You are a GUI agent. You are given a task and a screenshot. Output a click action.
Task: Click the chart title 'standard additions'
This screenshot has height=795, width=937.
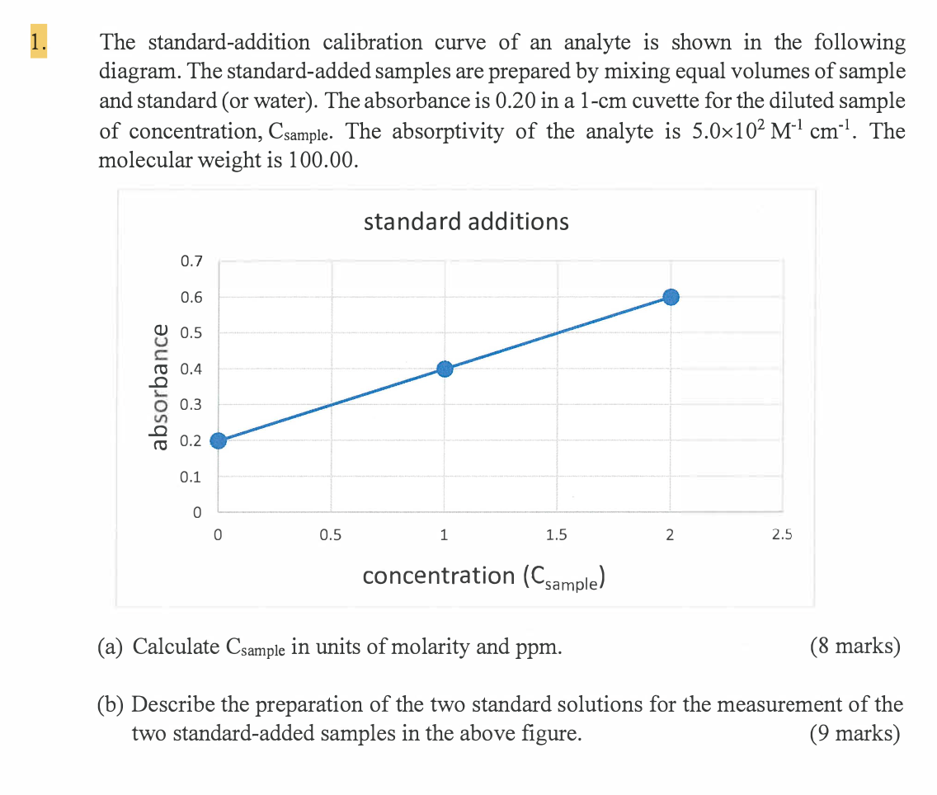465,222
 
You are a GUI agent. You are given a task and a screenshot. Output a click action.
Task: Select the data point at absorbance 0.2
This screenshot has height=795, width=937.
218,440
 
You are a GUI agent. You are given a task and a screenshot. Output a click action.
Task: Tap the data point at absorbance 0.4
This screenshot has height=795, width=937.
445,369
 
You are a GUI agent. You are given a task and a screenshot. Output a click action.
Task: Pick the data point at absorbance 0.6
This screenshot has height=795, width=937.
671,297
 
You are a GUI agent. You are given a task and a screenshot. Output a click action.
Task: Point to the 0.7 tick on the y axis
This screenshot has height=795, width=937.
191,262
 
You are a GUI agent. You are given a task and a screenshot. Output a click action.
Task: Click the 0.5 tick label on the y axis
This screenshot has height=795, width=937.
191,333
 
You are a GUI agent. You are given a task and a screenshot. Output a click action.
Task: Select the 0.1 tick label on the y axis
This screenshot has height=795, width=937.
191,477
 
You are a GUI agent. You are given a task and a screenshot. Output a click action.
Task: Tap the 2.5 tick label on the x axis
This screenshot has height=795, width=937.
782,535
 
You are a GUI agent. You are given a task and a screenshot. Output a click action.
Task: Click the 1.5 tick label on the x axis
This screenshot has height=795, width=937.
557,535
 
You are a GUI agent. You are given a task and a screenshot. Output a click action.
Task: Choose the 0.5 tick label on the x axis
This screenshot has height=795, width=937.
330,535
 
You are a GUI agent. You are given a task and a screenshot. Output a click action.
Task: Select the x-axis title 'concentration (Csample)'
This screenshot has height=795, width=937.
485,576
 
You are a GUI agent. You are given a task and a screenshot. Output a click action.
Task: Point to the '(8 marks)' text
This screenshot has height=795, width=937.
855,646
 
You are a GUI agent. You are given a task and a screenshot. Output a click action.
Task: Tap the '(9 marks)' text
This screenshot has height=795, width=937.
855,732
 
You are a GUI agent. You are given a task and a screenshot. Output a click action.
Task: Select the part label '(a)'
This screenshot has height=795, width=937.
112,647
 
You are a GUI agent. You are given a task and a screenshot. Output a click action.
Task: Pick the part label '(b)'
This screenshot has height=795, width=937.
112,704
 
